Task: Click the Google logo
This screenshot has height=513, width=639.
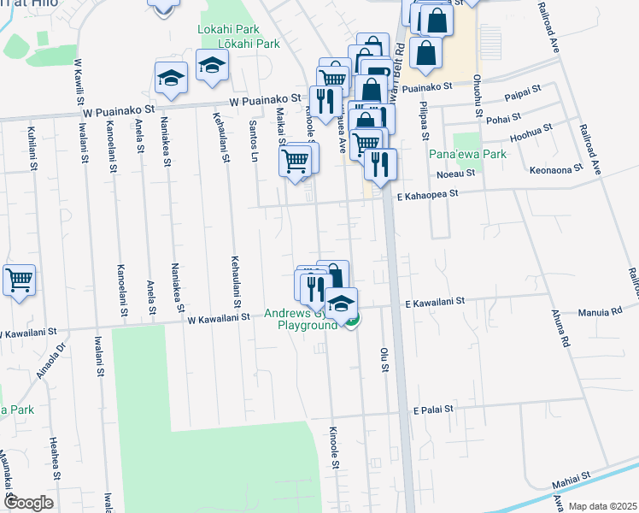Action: [x=28, y=503]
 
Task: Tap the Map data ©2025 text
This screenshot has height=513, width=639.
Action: [x=602, y=506]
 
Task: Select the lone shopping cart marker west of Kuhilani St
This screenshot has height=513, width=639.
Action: [x=19, y=280]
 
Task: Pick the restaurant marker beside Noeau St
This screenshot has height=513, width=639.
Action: [x=380, y=163]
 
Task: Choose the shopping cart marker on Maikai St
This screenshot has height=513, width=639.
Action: [x=295, y=160]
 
